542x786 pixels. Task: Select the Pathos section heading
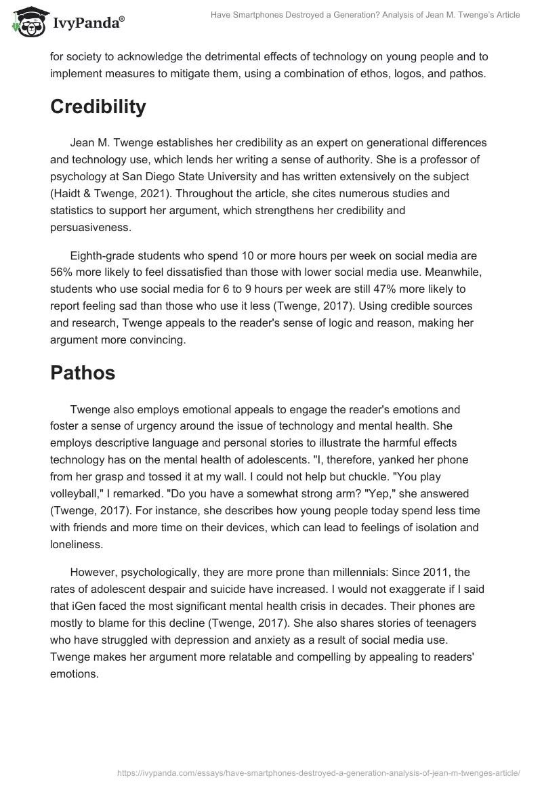pos(83,373)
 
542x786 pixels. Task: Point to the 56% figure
pos(63,273)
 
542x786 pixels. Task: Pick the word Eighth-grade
pos(102,256)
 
